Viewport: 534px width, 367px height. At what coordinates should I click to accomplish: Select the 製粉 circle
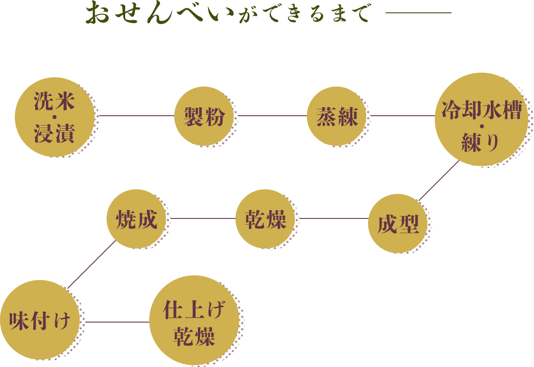[x=204, y=116]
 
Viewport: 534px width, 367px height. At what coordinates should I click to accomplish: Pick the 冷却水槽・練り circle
[x=481, y=119]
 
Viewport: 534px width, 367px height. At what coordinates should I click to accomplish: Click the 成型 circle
[x=398, y=224]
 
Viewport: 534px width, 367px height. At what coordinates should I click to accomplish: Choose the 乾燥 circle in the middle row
[x=266, y=218]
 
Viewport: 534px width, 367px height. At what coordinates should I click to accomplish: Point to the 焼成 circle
[x=136, y=219]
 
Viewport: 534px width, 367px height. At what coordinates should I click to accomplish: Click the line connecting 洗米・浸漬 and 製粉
[x=137, y=116]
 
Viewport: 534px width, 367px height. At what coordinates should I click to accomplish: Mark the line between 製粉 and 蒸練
[x=272, y=116]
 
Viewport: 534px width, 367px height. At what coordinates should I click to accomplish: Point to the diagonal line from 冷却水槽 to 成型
[x=439, y=181]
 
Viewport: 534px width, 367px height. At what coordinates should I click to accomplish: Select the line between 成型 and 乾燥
[x=334, y=218]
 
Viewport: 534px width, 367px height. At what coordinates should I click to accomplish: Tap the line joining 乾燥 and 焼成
[x=203, y=218]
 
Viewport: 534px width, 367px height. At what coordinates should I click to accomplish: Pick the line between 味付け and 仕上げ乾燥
[x=118, y=322]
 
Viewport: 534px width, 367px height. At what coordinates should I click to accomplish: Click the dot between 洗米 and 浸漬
[x=55, y=117]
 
